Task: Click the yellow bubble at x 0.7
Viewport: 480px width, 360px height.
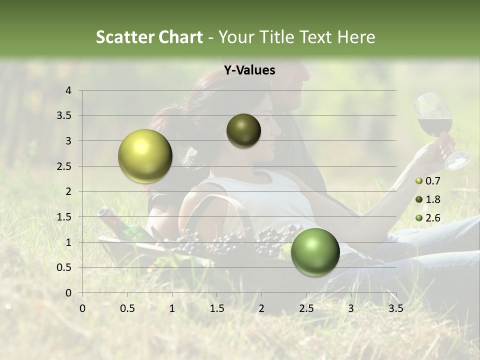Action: [x=145, y=156]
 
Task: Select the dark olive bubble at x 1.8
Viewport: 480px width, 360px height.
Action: [x=243, y=130]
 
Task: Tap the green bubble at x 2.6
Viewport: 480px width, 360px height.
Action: [x=315, y=252]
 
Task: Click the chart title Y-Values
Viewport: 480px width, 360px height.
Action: [x=249, y=70]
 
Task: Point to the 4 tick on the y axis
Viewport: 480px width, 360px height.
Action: [x=69, y=90]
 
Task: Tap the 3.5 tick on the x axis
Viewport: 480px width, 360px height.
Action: [x=395, y=308]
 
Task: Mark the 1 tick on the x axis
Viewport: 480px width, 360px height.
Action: [x=172, y=308]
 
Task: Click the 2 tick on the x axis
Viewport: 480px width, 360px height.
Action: [x=261, y=308]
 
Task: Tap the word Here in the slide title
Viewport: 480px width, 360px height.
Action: [x=355, y=37]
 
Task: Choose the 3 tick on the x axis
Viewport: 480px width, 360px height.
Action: [x=351, y=308]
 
